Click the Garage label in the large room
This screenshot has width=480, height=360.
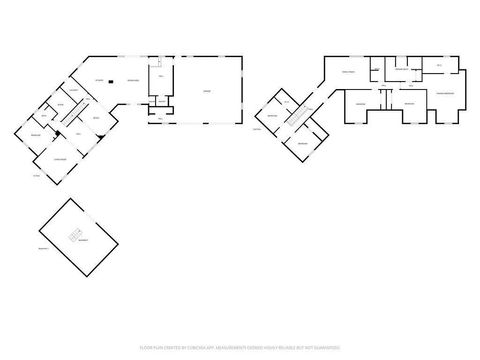pos(208,89)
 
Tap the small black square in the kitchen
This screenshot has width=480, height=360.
pos(112,81)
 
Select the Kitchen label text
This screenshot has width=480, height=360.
pos(99,80)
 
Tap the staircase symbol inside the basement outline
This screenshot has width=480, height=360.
pos(73,236)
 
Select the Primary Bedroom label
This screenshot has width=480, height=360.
pos(446,93)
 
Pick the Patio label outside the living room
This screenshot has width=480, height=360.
pos(36,176)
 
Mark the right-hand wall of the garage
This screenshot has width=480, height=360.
pos(242,89)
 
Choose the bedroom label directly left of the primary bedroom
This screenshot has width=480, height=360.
pos(409,102)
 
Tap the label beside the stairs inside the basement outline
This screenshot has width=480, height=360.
pos(84,241)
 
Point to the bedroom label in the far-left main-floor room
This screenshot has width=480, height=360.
pos(34,135)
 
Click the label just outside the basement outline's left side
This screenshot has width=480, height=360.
pos(43,247)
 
